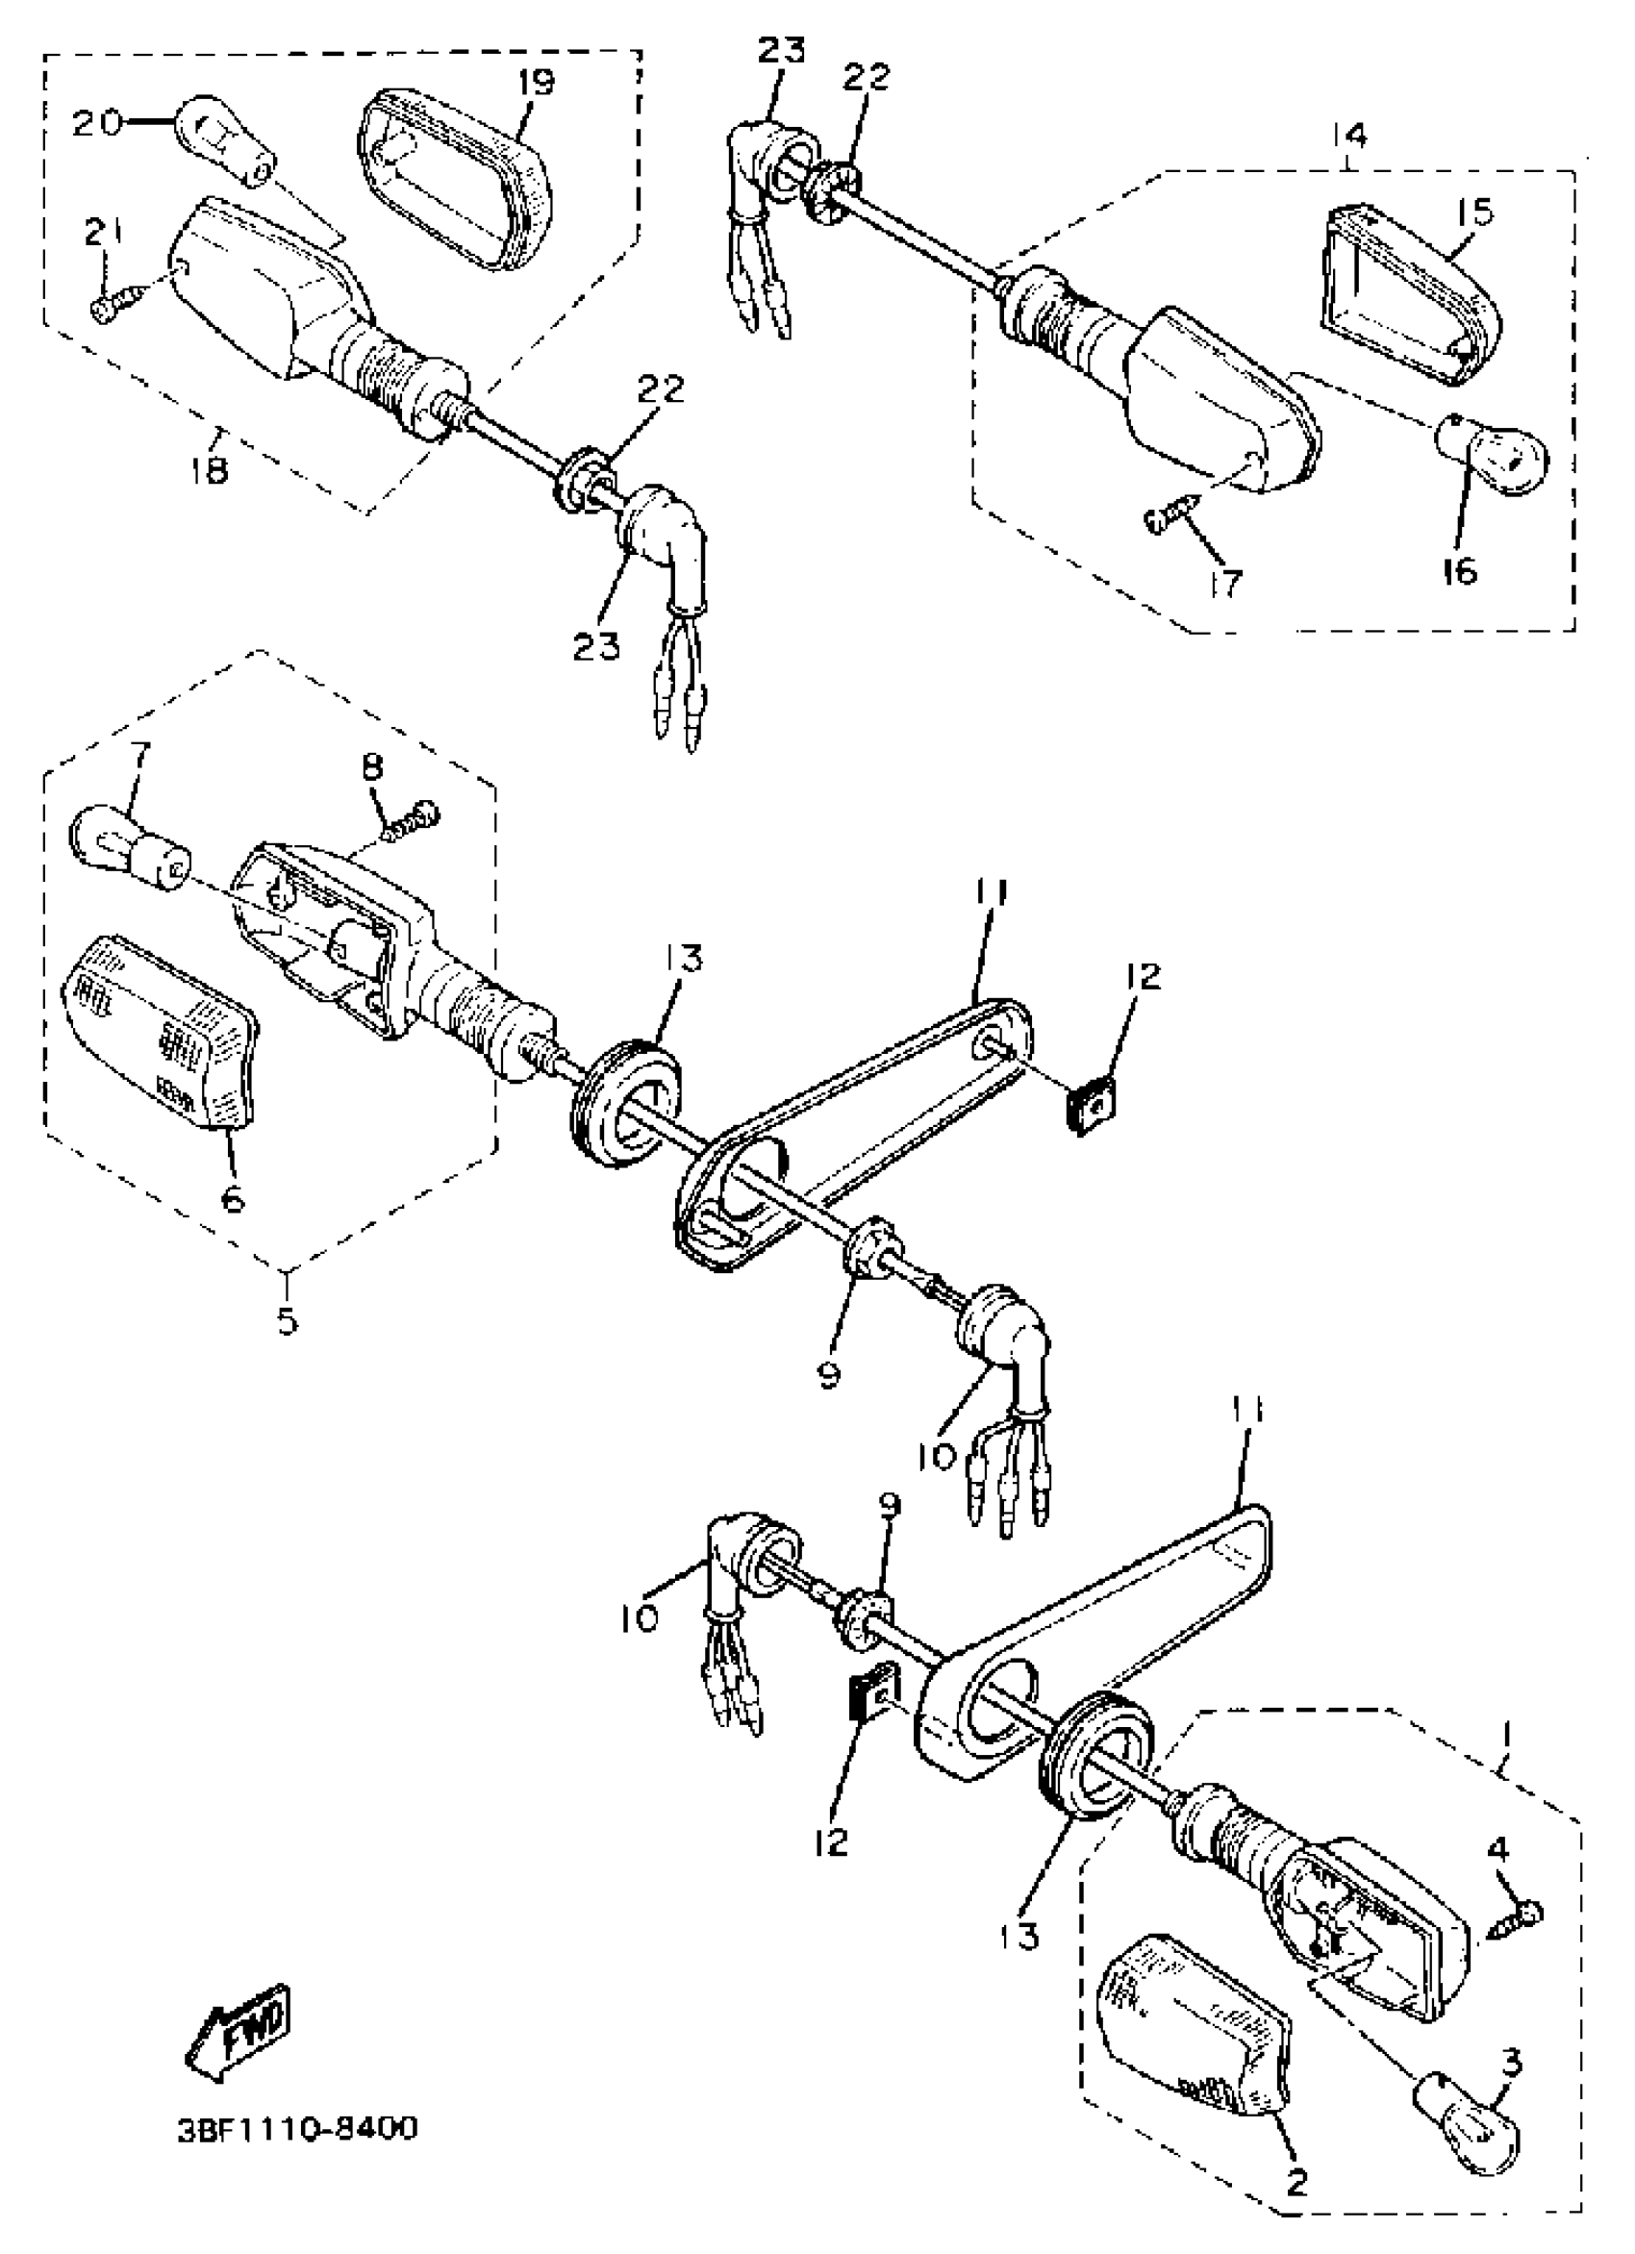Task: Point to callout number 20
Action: [x=97, y=123]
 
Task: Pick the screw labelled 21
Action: [x=113, y=304]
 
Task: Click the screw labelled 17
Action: [x=1173, y=515]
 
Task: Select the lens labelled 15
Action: [x=1408, y=299]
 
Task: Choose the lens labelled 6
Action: [x=159, y=1033]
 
